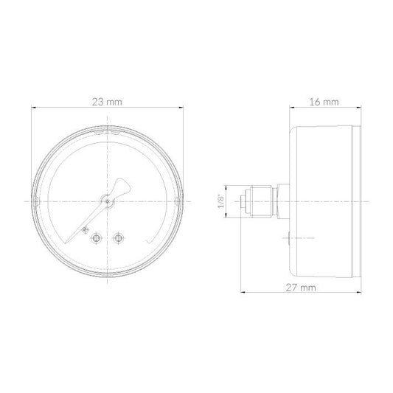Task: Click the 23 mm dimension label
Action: [108, 102]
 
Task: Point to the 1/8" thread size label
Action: [221, 201]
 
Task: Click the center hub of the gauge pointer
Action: [108, 198]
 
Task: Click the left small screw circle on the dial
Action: [95, 237]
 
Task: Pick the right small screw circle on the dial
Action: [118, 237]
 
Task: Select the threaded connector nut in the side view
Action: [262, 201]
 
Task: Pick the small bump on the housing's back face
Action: [289, 237]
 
